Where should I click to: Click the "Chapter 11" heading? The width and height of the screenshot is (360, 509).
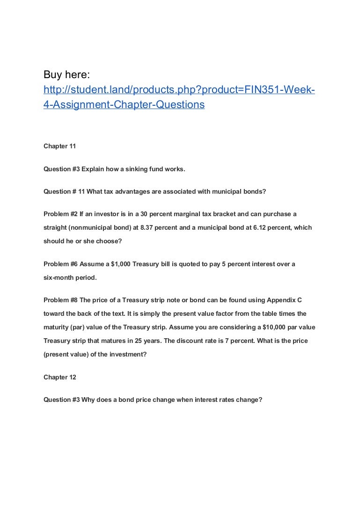click(59, 146)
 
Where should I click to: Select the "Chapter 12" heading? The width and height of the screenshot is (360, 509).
click(59, 377)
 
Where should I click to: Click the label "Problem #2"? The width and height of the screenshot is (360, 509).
click(60, 214)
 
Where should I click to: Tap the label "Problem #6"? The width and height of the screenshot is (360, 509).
click(60, 264)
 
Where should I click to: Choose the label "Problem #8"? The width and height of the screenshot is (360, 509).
click(60, 300)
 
